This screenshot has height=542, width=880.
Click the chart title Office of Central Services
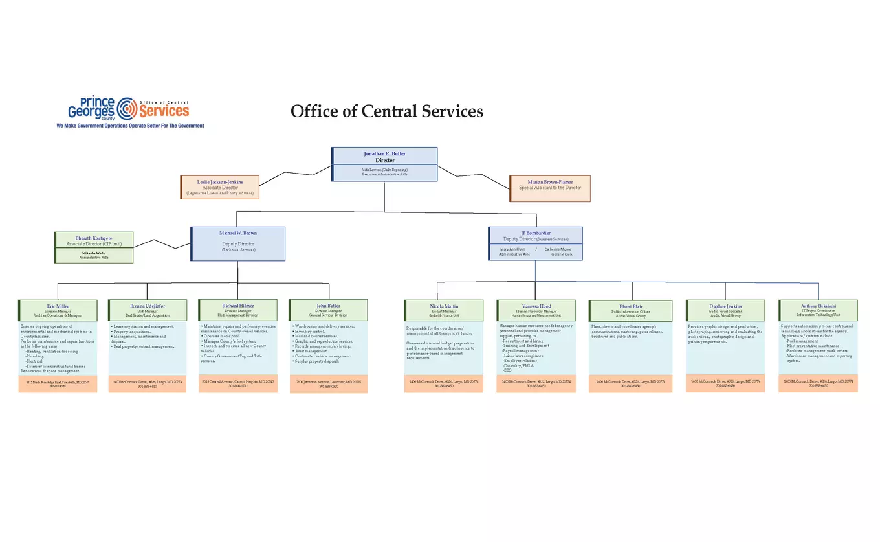pyautogui.click(x=386, y=111)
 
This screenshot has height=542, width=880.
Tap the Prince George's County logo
pyautogui.click(x=129, y=108)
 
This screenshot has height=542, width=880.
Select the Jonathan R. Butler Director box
pyautogui.click(x=384, y=157)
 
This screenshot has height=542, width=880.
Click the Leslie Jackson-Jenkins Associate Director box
pyautogui.click(x=220, y=187)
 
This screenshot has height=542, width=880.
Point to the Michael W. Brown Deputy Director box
pyautogui.click(x=238, y=243)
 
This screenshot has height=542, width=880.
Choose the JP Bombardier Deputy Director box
pyautogui.click(x=536, y=236)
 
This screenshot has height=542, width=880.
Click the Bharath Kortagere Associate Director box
pyautogui.click(x=94, y=241)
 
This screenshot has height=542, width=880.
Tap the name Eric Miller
pyautogui.click(x=58, y=306)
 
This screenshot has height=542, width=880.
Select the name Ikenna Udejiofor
pyautogui.click(x=148, y=306)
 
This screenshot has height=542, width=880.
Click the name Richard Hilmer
pyautogui.click(x=238, y=305)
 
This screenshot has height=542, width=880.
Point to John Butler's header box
pyautogui.click(x=328, y=310)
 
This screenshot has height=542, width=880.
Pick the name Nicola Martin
pyautogui.click(x=444, y=306)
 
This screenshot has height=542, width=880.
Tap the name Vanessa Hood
pyautogui.click(x=536, y=306)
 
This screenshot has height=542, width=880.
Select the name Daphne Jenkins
pyautogui.click(x=725, y=306)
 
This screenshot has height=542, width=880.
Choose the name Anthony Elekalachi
pyautogui.click(x=819, y=305)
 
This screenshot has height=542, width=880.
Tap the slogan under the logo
pyautogui.click(x=130, y=126)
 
